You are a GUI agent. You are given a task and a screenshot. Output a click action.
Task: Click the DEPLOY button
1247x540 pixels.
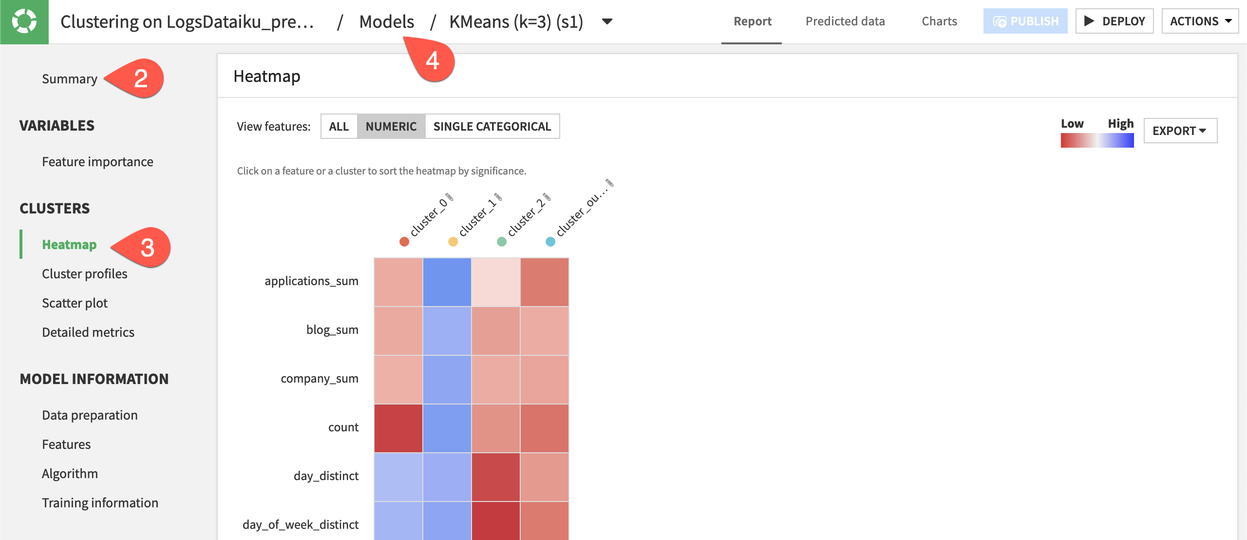[x=1114, y=21]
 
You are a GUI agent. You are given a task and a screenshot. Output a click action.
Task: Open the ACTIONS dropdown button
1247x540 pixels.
[x=1200, y=21]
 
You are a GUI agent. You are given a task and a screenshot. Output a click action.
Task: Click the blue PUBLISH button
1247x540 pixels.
[x=1025, y=21]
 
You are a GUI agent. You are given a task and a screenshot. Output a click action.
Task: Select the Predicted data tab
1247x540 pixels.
[x=845, y=21]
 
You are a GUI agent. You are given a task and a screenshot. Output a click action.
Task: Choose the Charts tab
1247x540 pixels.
[x=939, y=21]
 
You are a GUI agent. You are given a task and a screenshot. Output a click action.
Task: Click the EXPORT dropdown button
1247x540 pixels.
[x=1180, y=131]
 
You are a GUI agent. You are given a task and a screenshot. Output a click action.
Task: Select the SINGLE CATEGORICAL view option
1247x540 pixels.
[x=492, y=126]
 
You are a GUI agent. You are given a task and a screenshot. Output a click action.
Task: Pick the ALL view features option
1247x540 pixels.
[x=339, y=126]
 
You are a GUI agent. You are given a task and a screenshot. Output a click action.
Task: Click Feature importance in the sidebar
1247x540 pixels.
[x=97, y=162]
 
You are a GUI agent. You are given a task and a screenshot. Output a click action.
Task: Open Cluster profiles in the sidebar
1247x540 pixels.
[x=84, y=274]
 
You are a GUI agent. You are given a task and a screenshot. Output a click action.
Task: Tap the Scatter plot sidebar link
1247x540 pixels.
[x=75, y=303]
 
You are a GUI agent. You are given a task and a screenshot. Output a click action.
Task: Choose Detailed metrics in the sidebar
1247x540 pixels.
[x=88, y=332]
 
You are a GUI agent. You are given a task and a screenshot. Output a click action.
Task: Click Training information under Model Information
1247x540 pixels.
[x=100, y=503]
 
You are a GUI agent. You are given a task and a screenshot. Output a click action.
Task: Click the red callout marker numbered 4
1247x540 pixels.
[x=433, y=60]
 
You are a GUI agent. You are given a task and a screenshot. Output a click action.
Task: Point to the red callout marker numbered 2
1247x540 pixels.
[x=140, y=78]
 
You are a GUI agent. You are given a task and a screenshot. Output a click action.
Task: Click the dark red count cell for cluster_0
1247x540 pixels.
[x=398, y=428]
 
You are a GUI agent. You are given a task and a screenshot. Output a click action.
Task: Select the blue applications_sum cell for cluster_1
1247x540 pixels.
[x=447, y=282]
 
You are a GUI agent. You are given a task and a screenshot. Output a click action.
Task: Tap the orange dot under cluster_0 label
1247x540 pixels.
[x=404, y=242]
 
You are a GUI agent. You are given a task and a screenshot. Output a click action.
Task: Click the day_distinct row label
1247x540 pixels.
[x=326, y=476]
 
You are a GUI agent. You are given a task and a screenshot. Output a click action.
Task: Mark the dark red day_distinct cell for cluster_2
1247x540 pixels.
[x=496, y=477]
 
